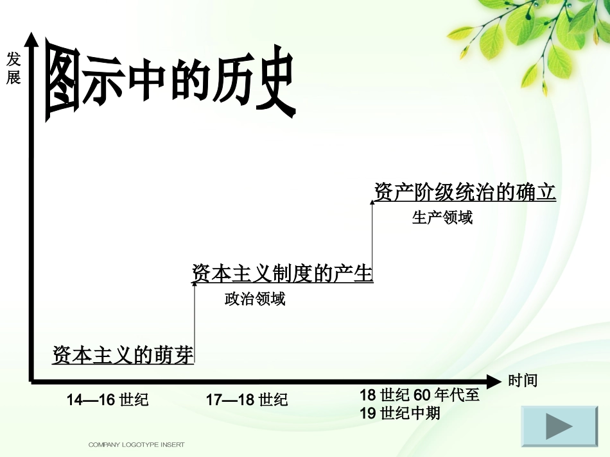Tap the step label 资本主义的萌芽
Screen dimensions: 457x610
(x=123, y=355)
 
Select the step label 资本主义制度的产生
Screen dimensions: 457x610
(x=283, y=274)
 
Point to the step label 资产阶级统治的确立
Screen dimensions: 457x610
(x=465, y=192)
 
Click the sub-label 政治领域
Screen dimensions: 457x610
(x=255, y=299)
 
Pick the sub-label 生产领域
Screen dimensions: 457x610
(x=442, y=218)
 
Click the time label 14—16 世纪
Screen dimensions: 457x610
(x=108, y=400)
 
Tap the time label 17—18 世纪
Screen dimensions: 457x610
(x=247, y=400)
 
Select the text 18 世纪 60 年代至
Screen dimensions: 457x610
(x=419, y=395)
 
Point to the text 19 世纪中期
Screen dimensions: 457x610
(x=400, y=413)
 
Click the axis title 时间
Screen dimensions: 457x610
(x=523, y=381)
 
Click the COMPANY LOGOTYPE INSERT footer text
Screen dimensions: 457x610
(x=136, y=444)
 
